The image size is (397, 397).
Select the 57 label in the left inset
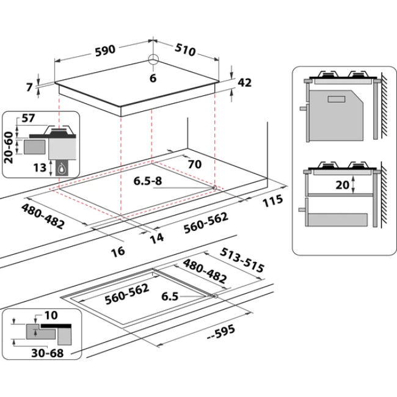[28, 118]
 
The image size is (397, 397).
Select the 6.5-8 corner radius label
[147, 181]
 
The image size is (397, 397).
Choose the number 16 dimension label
[118, 251]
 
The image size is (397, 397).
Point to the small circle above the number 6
[153, 60]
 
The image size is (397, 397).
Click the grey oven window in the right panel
[337, 99]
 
